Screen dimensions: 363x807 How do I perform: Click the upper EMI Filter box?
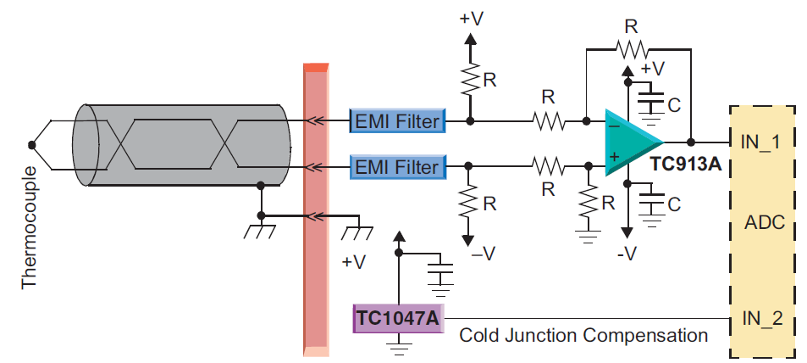[397, 121]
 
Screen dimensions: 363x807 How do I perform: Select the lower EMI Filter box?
[397, 166]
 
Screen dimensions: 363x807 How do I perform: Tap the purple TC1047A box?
[397, 318]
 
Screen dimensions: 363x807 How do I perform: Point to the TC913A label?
[685, 164]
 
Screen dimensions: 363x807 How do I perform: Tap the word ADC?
[764, 224]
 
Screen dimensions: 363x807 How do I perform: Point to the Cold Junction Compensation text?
[583, 335]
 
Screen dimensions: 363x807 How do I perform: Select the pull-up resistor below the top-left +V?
[471, 81]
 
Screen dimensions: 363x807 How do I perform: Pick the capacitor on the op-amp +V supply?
[651, 102]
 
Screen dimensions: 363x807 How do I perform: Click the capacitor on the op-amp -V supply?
[651, 204]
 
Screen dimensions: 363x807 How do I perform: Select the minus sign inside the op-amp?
[613, 126]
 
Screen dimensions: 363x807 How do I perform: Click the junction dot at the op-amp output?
[692, 142]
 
